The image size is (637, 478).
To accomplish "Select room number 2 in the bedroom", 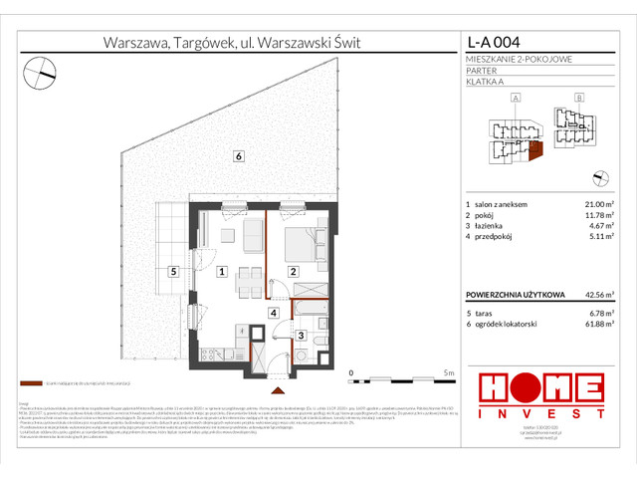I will pos(293,270).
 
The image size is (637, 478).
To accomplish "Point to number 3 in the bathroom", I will pos(302,336).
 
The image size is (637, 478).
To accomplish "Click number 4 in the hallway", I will pos(273,313).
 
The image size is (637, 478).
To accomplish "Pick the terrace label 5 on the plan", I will pos(172,270).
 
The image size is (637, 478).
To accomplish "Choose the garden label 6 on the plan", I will pos(238,155).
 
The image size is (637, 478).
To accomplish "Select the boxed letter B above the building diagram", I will pos(579,99).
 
